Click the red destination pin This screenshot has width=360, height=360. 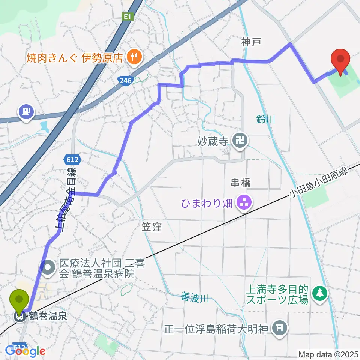coord(340,60)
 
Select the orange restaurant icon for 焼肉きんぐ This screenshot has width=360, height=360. coord(133,57)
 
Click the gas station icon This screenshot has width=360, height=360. coord(26,111)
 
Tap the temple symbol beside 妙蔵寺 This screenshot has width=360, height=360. coord(238,141)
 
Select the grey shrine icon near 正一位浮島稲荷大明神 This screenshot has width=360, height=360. coord(280,329)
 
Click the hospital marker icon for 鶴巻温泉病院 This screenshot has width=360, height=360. coord(49,268)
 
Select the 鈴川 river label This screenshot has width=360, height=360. coord(266,120)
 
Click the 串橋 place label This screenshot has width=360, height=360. coord(240,183)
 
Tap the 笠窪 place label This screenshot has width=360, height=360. coord(152,226)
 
